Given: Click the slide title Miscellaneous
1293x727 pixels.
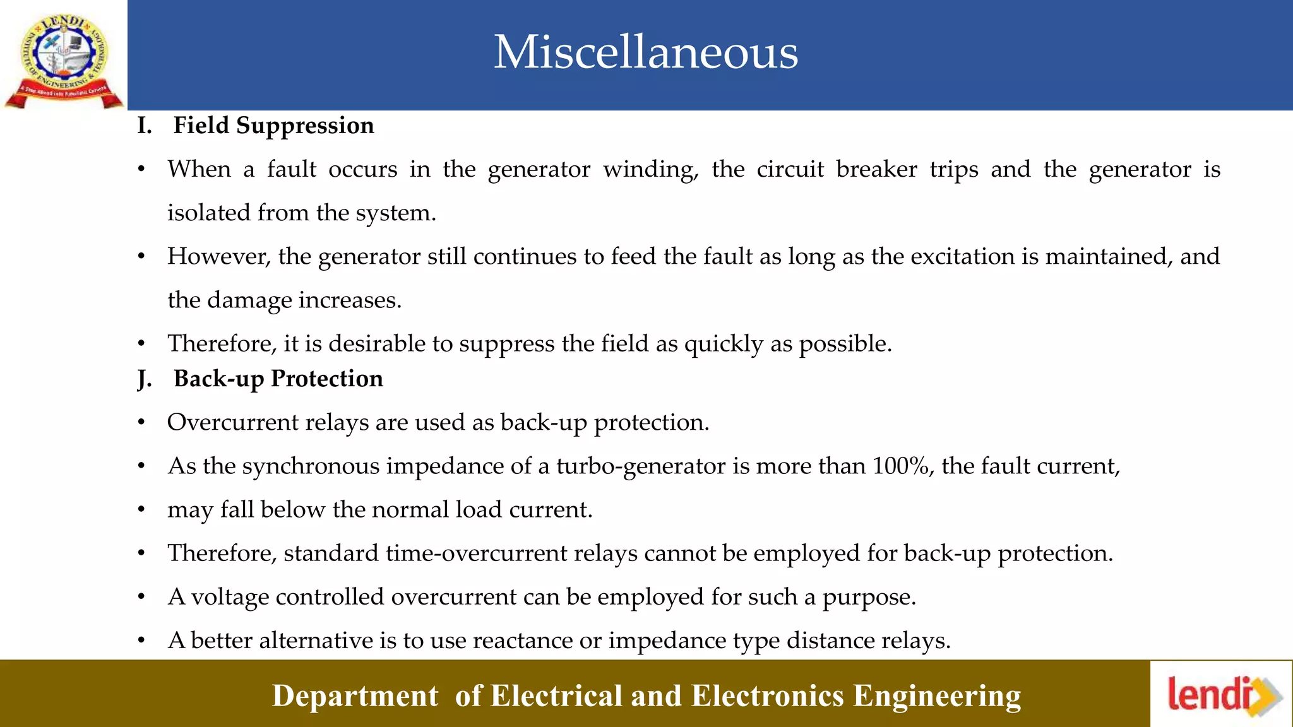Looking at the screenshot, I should point(645,52).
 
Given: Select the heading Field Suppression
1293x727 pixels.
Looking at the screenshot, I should point(273,126).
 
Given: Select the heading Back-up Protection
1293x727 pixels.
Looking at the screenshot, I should point(278,379).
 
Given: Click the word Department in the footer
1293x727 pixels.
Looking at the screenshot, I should point(355,696).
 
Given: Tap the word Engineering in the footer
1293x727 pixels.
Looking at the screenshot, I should point(937,696).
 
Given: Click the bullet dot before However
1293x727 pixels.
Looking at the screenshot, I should point(142,257).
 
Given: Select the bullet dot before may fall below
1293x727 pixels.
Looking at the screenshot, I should point(142,510).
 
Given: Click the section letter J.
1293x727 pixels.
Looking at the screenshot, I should point(144,379).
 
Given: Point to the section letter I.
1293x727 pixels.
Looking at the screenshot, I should point(144,126).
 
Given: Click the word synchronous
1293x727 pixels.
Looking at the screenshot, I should point(311,466).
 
